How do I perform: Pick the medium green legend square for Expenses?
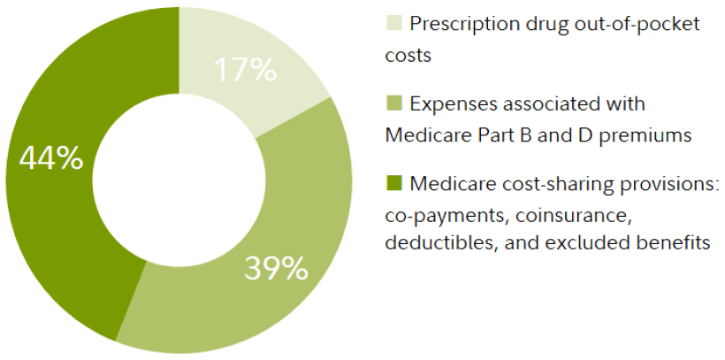(393, 104)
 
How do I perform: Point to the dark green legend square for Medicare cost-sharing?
(393, 184)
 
